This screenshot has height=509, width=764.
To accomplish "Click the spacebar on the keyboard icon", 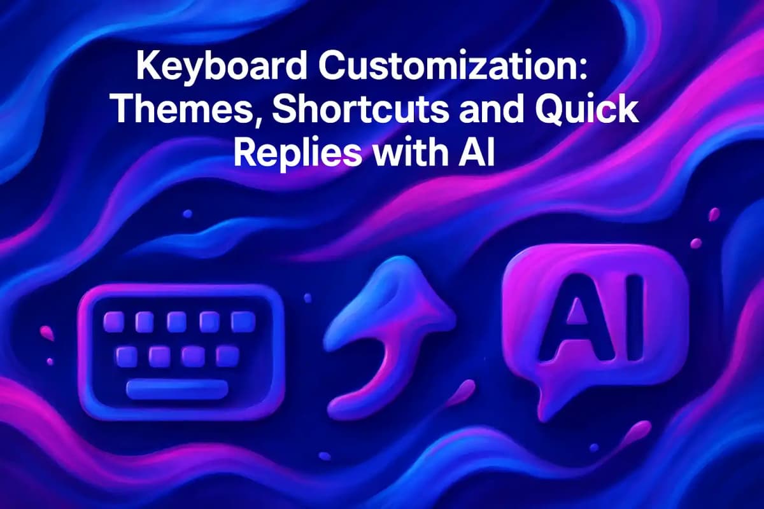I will pyautogui.click(x=177, y=389).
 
